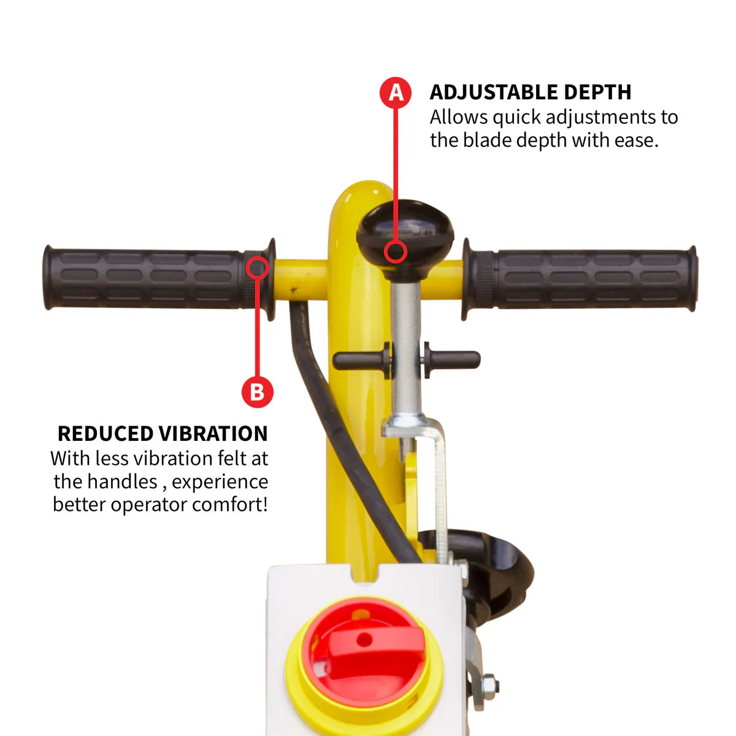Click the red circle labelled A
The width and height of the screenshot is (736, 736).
click(x=396, y=93)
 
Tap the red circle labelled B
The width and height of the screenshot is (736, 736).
click(x=257, y=391)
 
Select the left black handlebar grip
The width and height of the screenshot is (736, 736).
click(x=147, y=278)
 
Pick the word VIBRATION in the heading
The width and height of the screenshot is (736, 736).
click(x=216, y=434)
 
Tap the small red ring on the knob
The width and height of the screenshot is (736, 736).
click(x=396, y=251)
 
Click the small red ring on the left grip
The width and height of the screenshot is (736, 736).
click(x=258, y=267)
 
